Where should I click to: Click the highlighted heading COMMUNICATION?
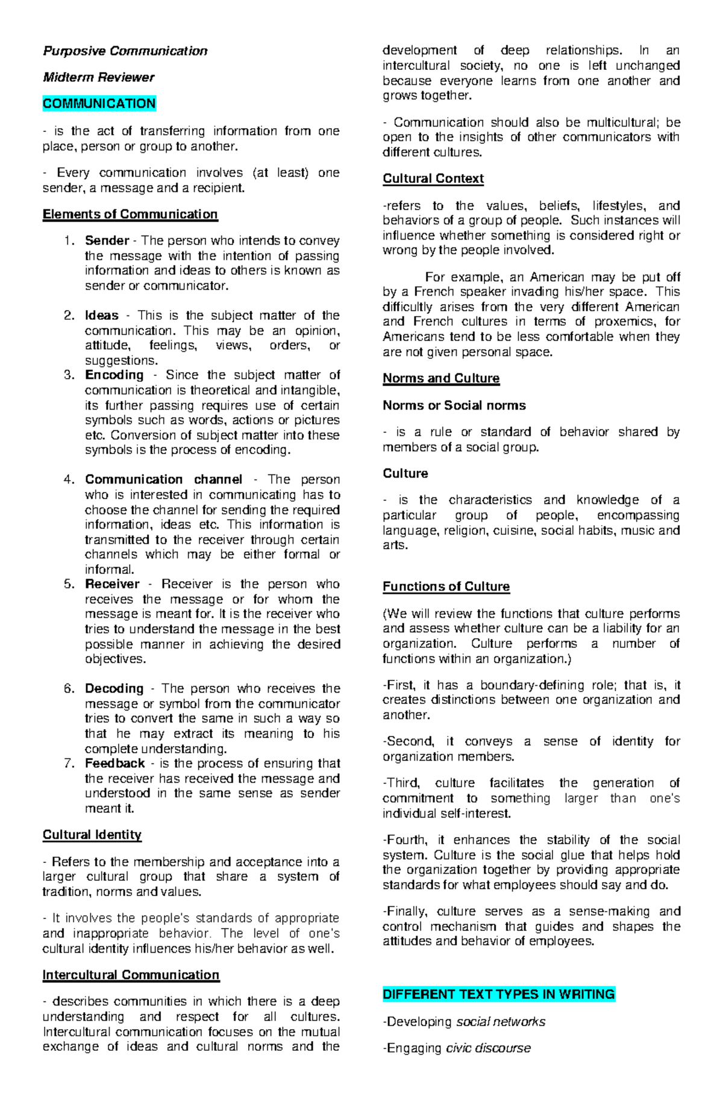point(99,104)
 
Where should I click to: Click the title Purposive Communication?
point(125,51)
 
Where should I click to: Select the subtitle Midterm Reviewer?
point(98,77)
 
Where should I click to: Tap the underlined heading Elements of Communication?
point(130,214)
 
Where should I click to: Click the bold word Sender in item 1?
point(107,241)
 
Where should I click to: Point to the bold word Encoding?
point(114,375)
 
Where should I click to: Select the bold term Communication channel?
point(163,479)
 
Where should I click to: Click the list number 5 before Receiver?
point(69,584)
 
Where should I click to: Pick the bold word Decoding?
point(114,688)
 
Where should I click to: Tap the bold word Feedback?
point(114,764)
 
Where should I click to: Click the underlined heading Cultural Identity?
point(92,835)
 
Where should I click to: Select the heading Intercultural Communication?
point(131,975)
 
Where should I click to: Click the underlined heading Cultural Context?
point(433,179)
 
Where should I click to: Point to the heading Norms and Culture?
point(440,378)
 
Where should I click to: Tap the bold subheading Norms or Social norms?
point(454,405)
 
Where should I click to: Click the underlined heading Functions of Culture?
point(446,587)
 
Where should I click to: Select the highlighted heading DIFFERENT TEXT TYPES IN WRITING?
point(498,994)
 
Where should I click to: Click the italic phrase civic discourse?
point(488,1048)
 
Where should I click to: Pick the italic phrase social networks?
point(501,1022)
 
